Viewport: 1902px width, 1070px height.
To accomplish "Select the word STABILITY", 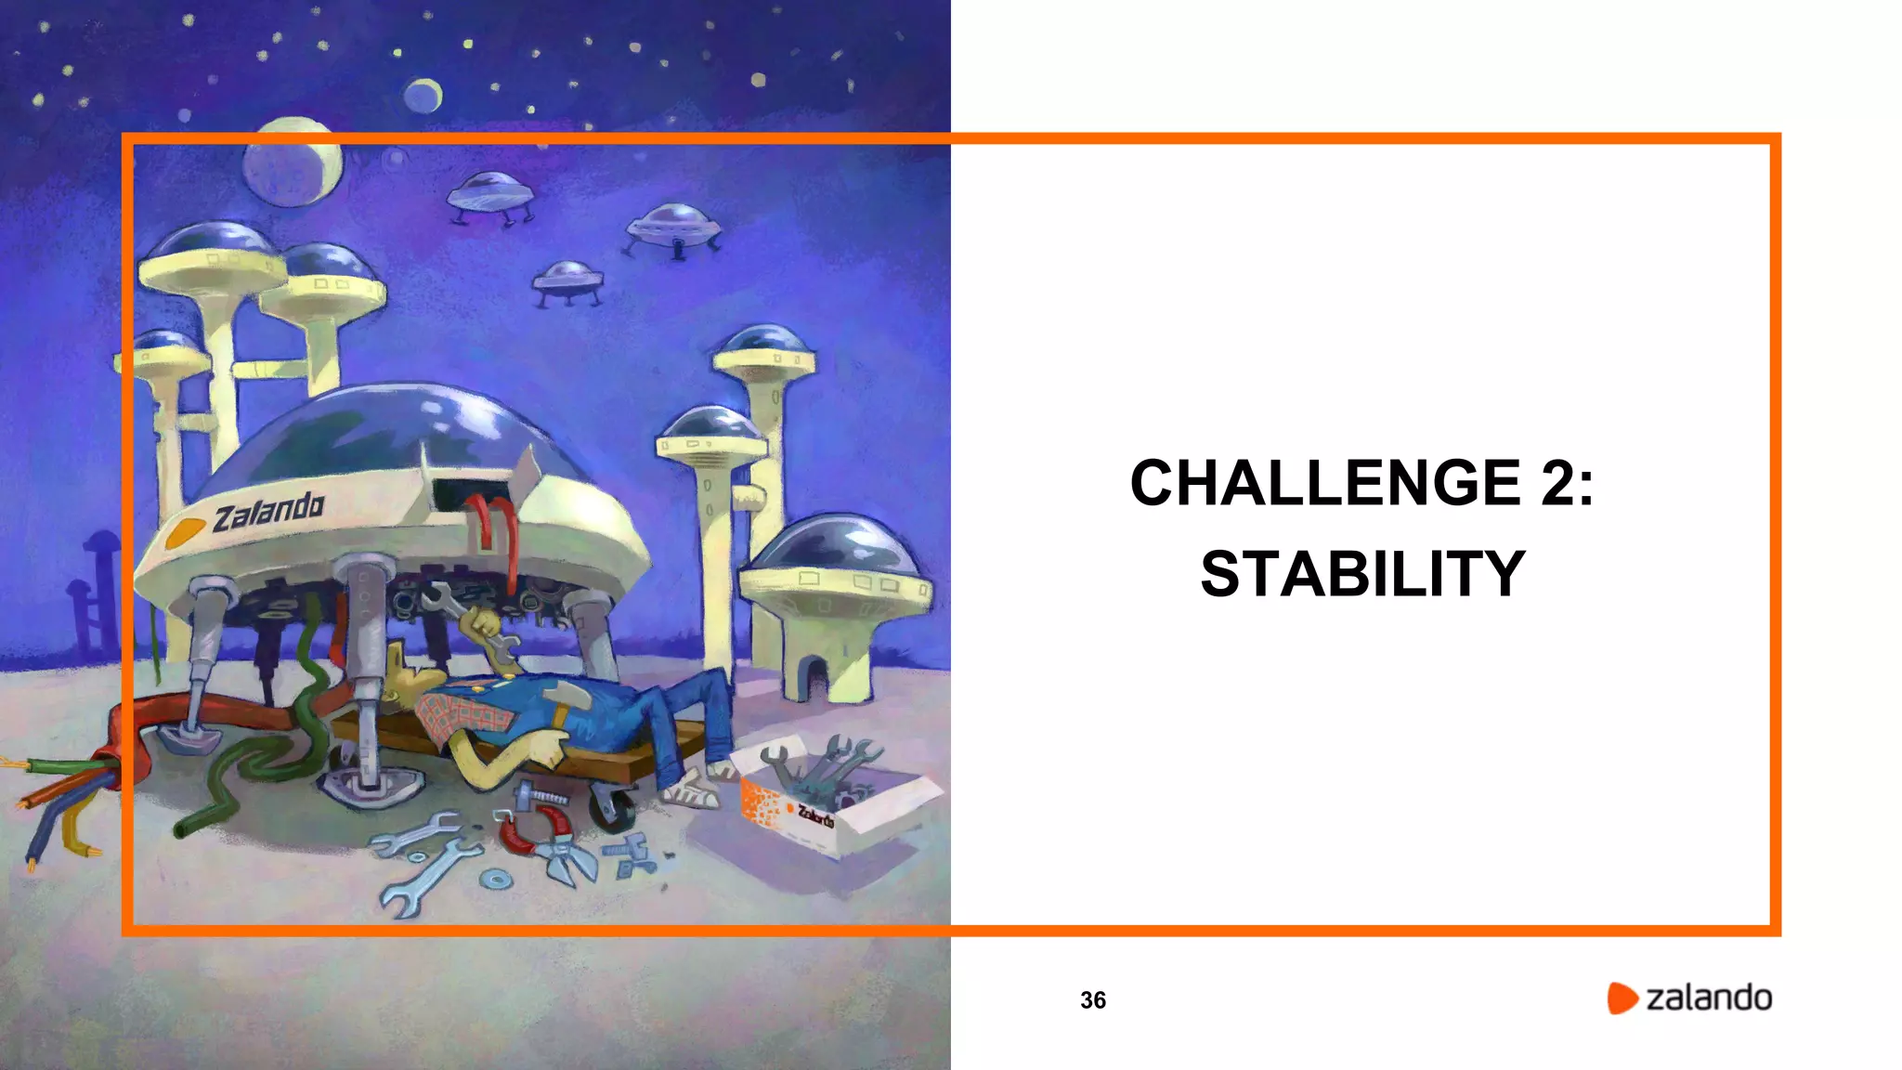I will (x=1362, y=574).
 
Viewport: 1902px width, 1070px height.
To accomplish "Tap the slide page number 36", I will (x=1093, y=999).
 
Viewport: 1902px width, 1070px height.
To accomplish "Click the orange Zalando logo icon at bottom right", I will (x=1622, y=998).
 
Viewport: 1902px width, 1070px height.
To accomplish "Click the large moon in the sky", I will (x=292, y=163).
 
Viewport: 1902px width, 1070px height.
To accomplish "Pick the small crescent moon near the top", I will (x=423, y=95).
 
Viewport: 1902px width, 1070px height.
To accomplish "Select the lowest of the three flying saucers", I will (x=567, y=280).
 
